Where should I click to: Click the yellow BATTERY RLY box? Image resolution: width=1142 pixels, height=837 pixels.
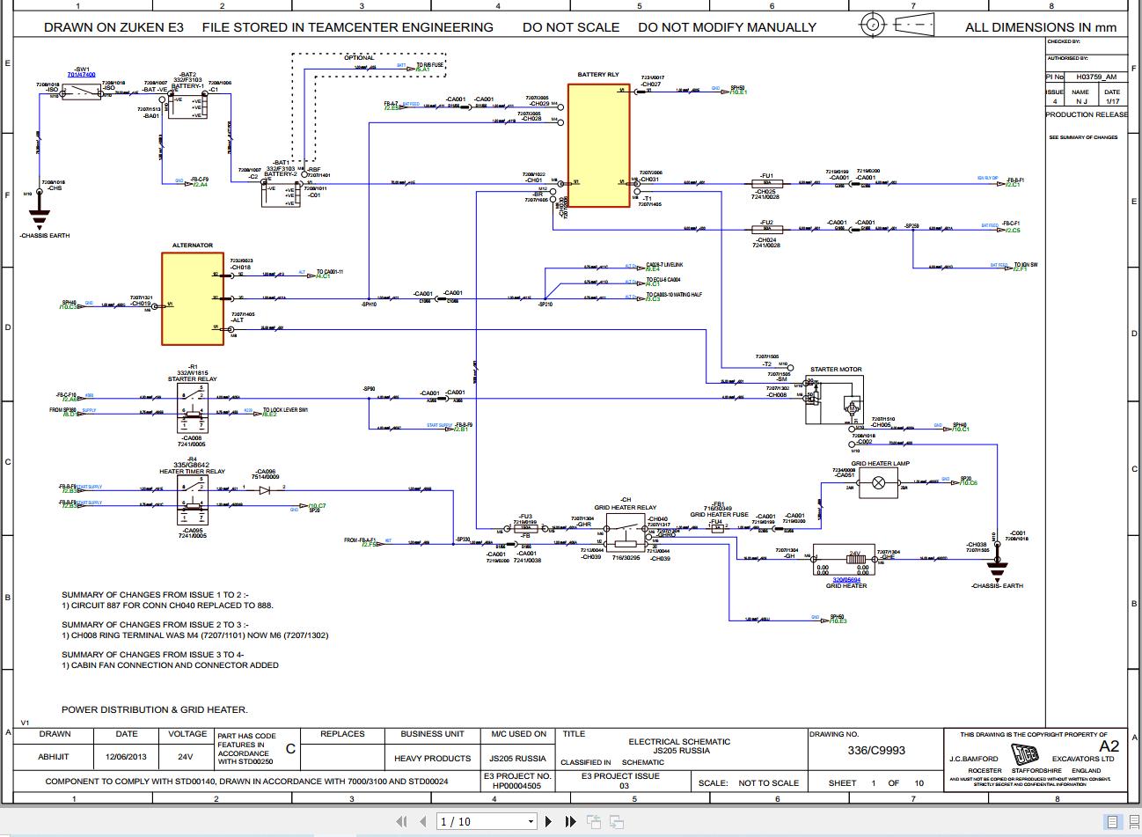click(x=598, y=145)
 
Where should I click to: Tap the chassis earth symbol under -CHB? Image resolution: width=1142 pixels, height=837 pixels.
click(x=40, y=217)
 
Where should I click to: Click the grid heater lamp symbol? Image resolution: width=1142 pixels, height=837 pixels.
click(x=877, y=481)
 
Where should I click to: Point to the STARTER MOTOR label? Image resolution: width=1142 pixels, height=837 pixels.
click(x=836, y=370)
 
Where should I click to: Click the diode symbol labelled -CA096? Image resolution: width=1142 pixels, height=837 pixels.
click(x=265, y=487)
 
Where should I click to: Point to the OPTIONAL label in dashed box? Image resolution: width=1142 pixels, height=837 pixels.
click(x=358, y=58)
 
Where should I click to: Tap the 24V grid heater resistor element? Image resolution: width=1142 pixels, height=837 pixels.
click(x=846, y=558)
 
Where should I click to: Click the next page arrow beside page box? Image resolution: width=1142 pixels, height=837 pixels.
click(x=549, y=821)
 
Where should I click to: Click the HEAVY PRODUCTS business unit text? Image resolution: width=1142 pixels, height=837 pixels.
click(x=432, y=758)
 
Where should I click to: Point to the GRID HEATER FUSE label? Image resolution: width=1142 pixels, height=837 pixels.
click(x=719, y=515)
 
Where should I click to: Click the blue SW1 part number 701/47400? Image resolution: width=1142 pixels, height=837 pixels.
click(x=81, y=76)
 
